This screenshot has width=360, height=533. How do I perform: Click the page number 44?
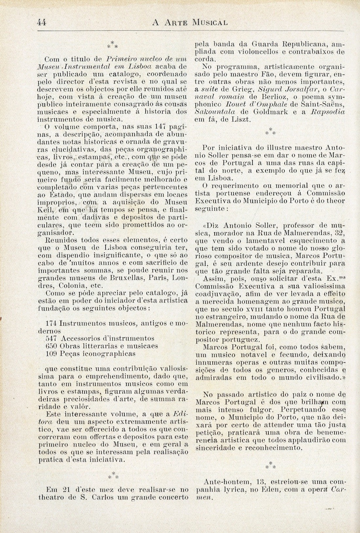point(41,23)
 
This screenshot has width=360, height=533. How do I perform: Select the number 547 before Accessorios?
point(52,338)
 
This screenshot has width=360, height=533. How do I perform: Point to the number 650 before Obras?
point(52,346)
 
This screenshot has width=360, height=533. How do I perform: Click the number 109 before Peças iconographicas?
point(52,353)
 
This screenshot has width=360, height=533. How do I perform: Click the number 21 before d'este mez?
point(66,489)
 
